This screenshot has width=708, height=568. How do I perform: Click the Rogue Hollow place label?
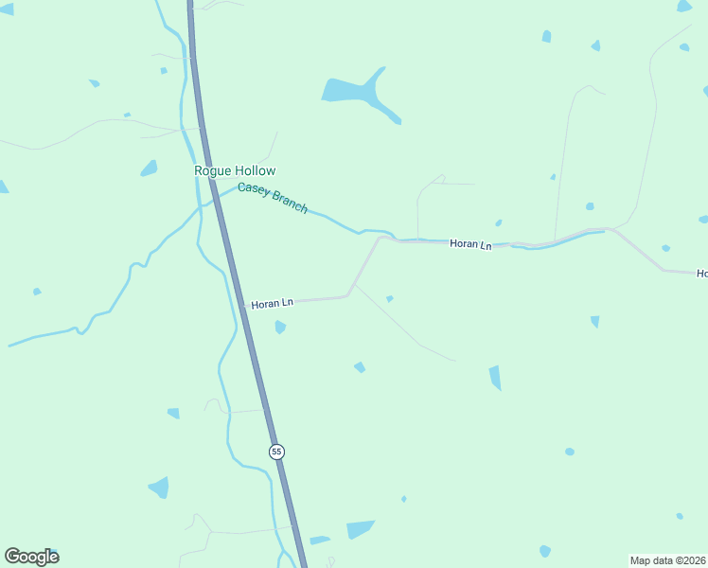235,171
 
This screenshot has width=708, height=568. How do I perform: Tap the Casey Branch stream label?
273,198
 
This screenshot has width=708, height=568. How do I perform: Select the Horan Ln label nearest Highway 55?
273,303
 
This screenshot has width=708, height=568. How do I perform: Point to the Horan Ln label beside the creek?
470,244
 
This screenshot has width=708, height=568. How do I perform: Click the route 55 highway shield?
276,452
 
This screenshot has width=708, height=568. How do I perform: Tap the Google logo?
31,557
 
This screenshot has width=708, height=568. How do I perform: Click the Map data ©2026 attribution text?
667,560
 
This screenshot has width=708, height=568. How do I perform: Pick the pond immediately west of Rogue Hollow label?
149,169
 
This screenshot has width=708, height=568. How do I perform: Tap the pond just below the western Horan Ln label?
280,328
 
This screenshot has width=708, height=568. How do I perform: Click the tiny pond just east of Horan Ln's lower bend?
389,299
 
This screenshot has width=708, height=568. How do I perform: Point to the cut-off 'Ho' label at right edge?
701,274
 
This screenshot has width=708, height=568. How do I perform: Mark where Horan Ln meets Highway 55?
242,306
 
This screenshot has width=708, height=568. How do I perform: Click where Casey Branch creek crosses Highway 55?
214,199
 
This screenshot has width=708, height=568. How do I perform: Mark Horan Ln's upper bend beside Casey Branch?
381,239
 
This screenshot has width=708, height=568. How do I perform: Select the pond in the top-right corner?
684,7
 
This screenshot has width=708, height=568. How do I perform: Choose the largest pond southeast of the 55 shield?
360,529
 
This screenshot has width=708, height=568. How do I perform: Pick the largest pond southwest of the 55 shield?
159,488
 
